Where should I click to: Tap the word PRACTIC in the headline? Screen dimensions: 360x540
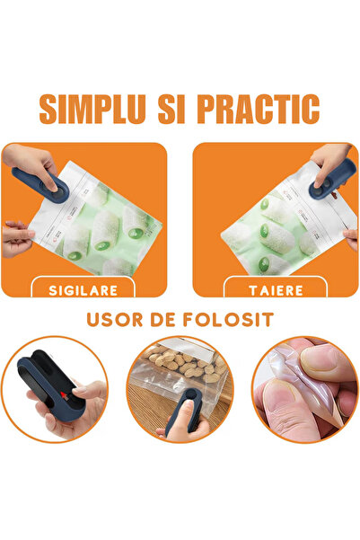point(259,109)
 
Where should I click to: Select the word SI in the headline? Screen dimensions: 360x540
point(171,109)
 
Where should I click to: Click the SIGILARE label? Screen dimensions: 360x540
point(83,290)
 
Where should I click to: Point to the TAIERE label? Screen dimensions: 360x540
point(276,290)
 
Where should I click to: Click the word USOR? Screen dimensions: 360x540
point(115,320)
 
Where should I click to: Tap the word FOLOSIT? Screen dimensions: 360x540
point(228,320)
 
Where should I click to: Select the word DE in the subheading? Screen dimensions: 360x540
point(162,320)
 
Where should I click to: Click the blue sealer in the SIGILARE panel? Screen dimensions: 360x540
point(40,185)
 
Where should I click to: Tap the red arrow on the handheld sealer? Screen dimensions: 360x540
point(65,396)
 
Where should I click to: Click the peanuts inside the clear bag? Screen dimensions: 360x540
point(186,363)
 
